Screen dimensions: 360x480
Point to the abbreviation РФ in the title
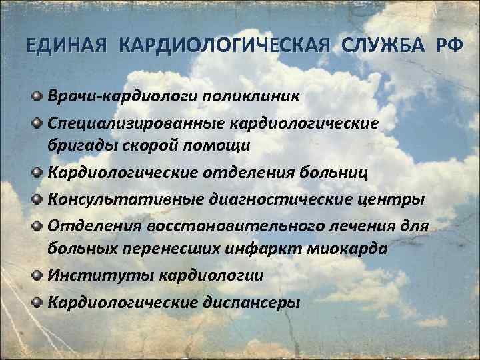(x=447, y=47)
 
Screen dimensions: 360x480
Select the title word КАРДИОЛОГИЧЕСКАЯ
(x=226, y=47)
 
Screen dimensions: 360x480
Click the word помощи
(x=222, y=143)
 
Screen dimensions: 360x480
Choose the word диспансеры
(x=249, y=302)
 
